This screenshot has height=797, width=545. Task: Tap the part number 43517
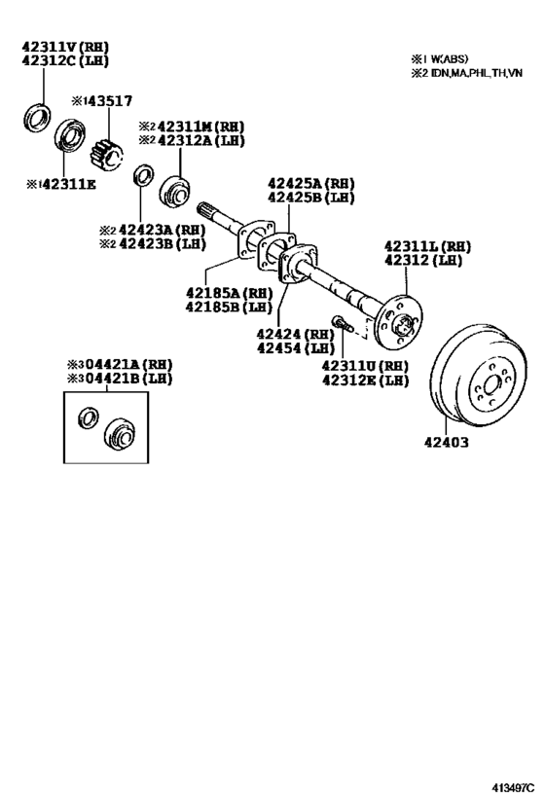pos(108,100)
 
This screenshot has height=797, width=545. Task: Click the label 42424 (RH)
pos(295,334)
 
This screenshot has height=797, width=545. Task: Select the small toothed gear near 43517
pos(106,153)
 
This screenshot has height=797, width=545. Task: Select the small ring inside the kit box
pos(87,419)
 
